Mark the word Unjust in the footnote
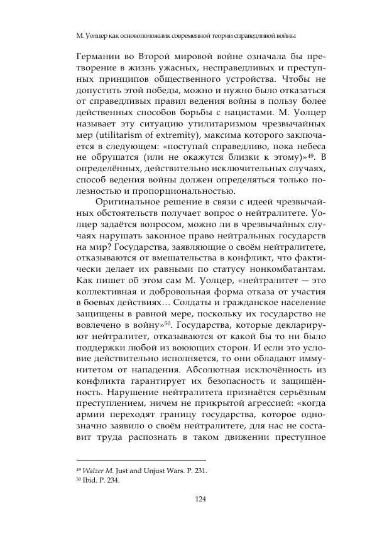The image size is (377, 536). pos(149,470)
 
